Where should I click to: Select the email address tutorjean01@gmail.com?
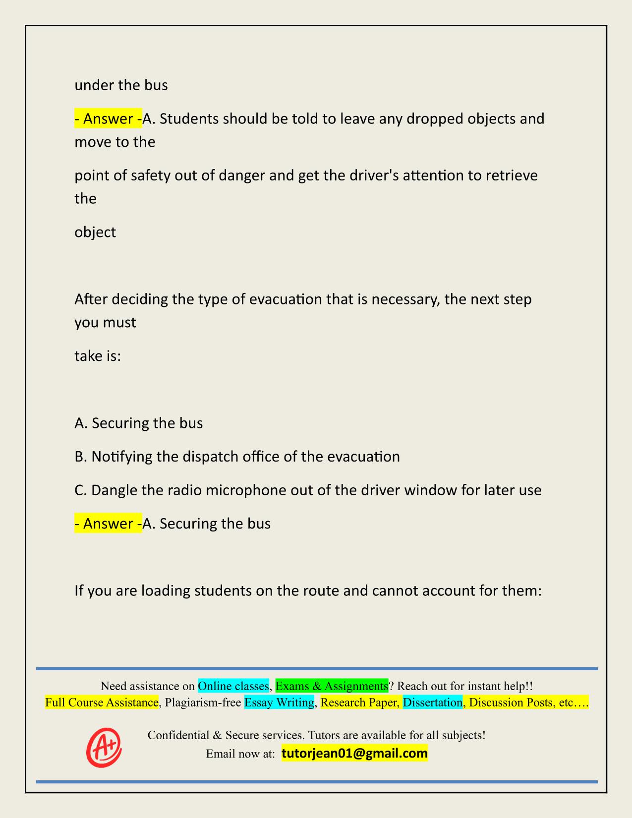point(354,754)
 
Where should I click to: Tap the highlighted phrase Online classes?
point(233,686)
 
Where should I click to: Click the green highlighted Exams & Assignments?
point(332,686)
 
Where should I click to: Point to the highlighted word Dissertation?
point(432,702)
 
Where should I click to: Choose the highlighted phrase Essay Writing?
point(279,702)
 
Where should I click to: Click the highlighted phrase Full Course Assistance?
point(102,702)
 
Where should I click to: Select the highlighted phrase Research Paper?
point(359,702)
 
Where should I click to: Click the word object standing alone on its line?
point(95,232)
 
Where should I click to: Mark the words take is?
point(98,356)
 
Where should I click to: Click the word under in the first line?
point(94,85)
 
